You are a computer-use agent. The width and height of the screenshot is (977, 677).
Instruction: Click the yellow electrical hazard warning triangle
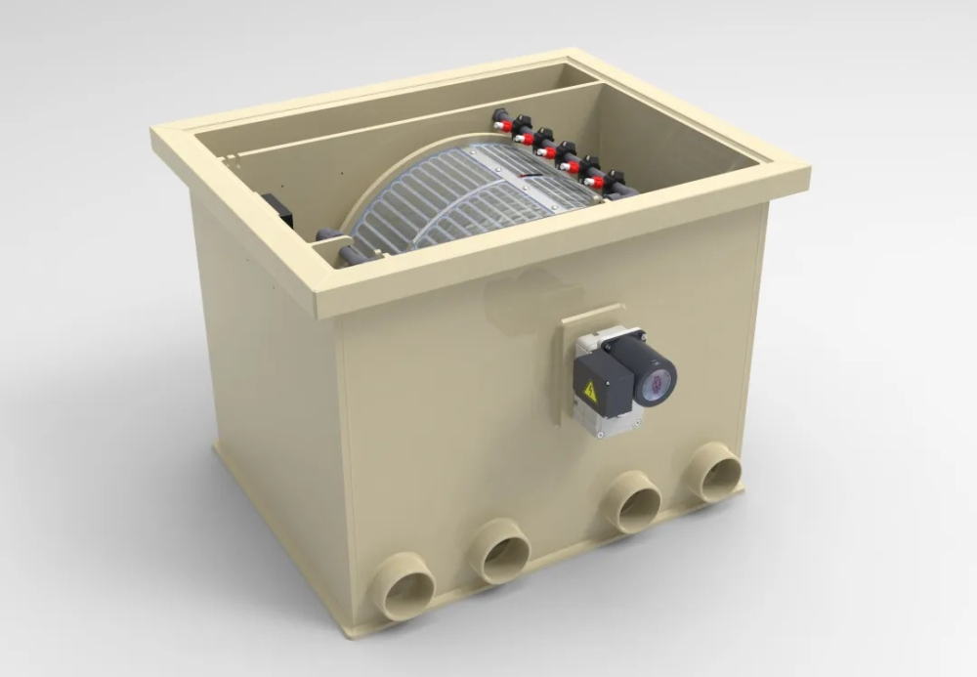[590, 391]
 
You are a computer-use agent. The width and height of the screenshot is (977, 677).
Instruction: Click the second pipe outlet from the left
[502, 551]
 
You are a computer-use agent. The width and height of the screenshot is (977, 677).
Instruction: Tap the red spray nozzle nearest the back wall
[502, 126]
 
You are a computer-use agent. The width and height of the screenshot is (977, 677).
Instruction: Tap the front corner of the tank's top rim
[326, 298]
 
